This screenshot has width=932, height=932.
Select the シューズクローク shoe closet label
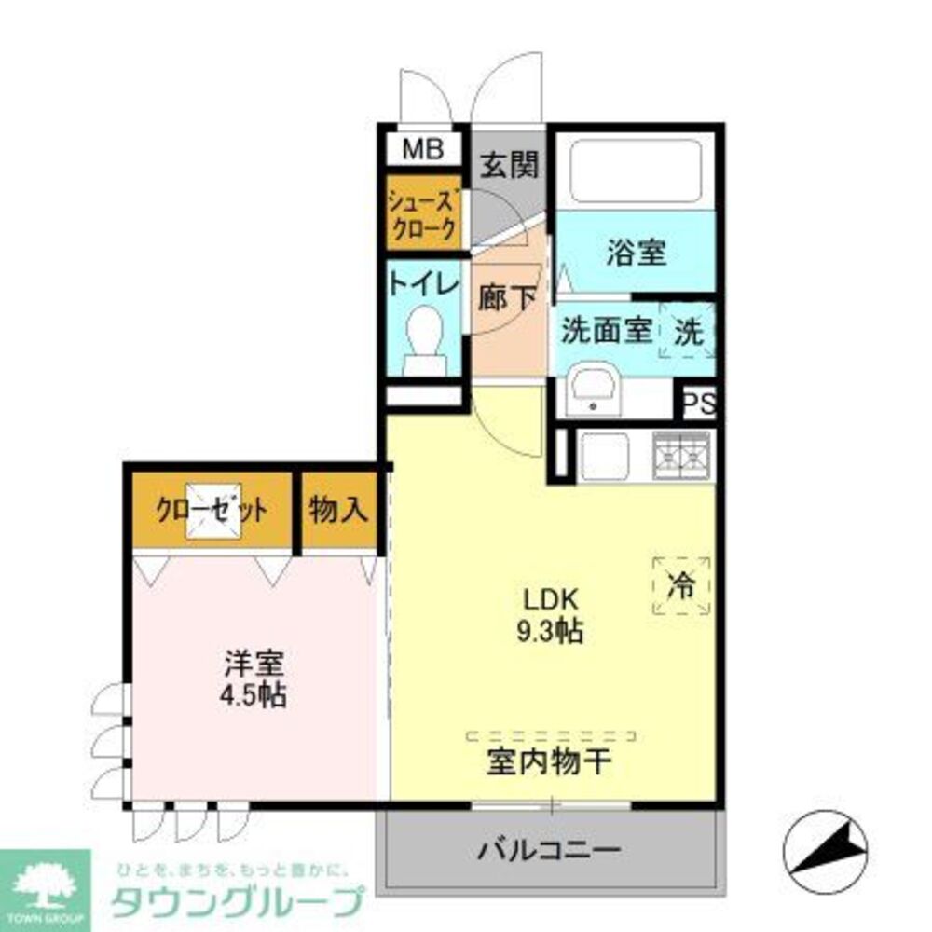tap(424, 214)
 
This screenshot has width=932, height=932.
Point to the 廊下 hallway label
tap(507, 298)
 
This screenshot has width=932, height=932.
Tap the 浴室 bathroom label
tap(637, 253)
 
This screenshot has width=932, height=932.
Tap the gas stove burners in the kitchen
tap(681, 455)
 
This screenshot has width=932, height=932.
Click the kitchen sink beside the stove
tap(605, 455)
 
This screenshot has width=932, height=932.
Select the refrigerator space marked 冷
tap(681, 585)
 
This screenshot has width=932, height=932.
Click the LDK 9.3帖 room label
tap(550, 615)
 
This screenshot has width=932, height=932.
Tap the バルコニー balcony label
tap(549, 850)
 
